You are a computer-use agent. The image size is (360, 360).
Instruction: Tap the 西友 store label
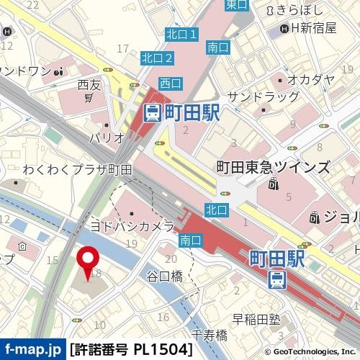(88, 85)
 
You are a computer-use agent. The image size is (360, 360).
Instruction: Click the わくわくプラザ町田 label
(77, 170)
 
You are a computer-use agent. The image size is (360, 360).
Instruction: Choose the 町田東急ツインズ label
(273, 167)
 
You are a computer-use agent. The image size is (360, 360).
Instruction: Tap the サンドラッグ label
(263, 96)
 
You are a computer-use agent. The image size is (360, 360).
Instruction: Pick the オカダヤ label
(311, 79)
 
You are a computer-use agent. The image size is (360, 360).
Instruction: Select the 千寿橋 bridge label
(210, 335)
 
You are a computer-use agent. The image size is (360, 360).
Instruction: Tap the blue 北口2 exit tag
(157, 58)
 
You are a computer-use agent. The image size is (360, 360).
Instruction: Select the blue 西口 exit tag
(171, 83)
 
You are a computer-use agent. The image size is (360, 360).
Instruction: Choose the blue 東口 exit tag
(236, 4)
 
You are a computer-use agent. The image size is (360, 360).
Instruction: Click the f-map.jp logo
(32, 349)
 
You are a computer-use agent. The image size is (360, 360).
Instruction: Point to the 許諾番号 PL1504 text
(131, 349)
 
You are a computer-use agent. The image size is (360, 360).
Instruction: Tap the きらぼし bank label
(292, 9)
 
